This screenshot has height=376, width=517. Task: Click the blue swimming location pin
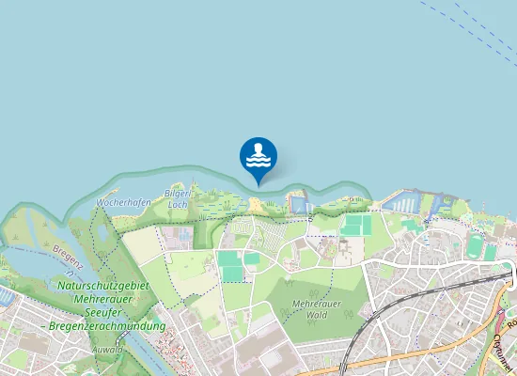(258, 156)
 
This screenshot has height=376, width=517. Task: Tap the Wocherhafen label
(122, 202)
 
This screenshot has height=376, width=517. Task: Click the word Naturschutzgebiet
(103, 285)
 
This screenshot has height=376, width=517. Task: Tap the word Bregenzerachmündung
(110, 326)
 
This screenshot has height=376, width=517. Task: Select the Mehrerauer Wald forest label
(317, 309)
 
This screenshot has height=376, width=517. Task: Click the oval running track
(474, 246)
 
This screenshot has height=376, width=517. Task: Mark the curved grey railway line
(362, 338)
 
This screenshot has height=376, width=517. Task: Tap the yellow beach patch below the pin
(256, 204)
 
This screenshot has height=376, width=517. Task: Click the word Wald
(317, 316)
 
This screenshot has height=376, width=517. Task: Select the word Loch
(178, 203)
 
